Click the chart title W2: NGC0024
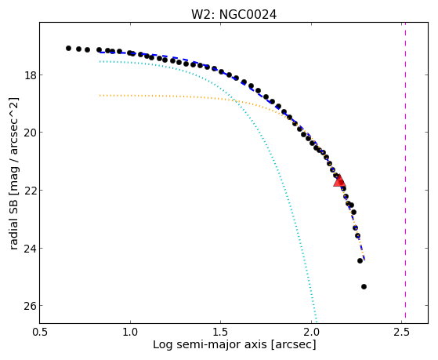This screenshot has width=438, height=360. [x=233, y=15]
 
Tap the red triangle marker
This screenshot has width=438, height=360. [x=339, y=180]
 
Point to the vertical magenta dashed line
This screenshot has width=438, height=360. [x=405, y=173]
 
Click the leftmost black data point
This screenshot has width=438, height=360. [x=68, y=48]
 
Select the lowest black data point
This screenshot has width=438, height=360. [x=364, y=286]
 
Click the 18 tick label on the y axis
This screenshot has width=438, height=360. [x=31, y=75]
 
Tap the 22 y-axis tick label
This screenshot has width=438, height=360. [x=31, y=191]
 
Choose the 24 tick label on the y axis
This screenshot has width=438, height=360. [x=31, y=248]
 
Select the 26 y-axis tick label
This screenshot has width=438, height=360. [x=31, y=305]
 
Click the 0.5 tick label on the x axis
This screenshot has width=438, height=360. [x=40, y=333]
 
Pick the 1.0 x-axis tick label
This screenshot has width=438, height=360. [x=130, y=333]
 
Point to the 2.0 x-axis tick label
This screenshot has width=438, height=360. [x=311, y=333]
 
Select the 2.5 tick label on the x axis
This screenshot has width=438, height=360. [x=401, y=333]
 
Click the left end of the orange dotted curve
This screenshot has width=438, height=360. [x=100, y=96]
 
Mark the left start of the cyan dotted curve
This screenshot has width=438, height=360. [x=100, y=61]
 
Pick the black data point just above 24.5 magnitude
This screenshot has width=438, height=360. [x=360, y=260]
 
